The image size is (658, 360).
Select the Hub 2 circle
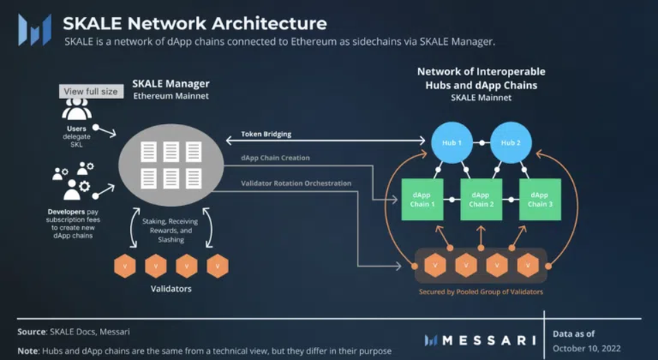510,142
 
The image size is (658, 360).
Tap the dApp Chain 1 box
423,199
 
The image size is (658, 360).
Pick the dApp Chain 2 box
481,199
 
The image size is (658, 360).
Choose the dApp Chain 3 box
540,199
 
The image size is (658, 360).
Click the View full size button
91,91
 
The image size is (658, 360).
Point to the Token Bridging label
266,134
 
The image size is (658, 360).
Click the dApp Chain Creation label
275,158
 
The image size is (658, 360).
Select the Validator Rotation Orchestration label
296,183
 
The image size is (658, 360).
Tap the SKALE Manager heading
171,83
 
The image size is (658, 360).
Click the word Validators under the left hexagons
171,289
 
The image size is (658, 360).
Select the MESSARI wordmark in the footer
479,340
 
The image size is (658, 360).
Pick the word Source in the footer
32,331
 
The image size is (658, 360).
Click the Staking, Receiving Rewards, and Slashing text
173,230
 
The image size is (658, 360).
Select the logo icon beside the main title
34,30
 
